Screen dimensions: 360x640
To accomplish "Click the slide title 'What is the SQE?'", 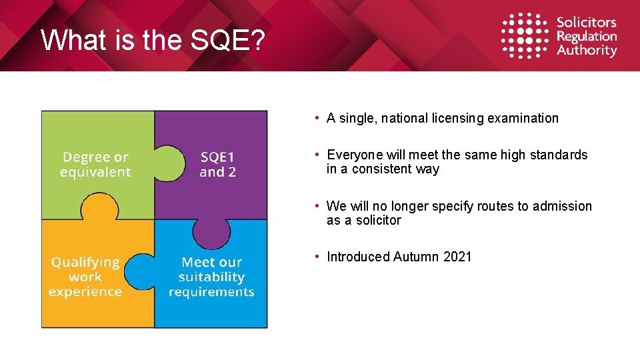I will tap(153, 41).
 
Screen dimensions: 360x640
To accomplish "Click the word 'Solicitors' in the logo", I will tap(587, 23).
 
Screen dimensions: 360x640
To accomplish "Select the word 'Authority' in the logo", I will tap(587, 51).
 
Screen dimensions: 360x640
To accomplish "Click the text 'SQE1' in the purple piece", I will tap(217, 157).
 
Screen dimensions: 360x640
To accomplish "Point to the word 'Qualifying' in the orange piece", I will tap(85, 262).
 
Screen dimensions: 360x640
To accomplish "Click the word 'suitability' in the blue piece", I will tap(211, 277).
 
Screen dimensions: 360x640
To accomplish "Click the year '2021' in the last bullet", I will tap(457, 257).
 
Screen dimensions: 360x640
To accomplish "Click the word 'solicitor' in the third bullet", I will tap(378, 221).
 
